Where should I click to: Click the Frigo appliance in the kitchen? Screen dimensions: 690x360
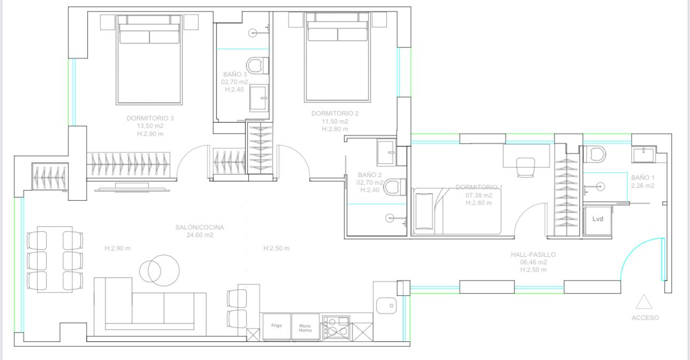[277, 327]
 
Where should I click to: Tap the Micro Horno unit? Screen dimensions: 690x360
[305, 327]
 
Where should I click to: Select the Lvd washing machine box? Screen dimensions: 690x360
[597, 220]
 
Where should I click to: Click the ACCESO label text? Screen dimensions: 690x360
[645, 318]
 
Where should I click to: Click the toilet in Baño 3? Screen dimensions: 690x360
[257, 65]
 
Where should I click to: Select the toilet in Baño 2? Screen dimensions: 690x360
[395, 187]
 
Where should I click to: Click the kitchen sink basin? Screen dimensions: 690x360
[387, 305]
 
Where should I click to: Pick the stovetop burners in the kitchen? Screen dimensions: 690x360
[336, 327]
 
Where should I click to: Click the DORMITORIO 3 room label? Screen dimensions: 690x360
[150, 118]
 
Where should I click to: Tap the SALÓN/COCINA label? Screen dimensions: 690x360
[200, 227]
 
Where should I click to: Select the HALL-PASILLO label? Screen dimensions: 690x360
[533, 255]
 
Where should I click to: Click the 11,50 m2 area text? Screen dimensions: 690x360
[335, 121]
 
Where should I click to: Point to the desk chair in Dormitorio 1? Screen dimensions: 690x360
[526, 167]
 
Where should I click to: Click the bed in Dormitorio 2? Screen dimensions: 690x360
[338, 57]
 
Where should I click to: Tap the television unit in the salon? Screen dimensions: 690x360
[132, 187]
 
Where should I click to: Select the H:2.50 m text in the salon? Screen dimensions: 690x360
[277, 248]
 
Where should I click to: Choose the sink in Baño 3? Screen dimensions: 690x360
[259, 98]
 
